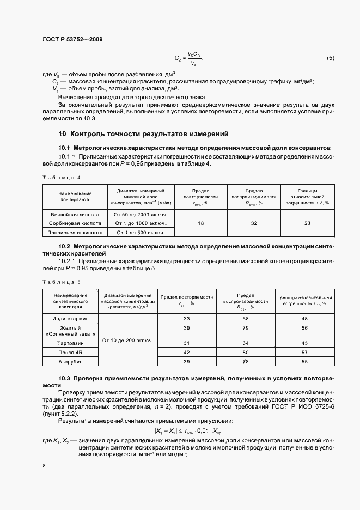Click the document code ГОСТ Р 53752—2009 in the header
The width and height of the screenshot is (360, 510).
pos(72,40)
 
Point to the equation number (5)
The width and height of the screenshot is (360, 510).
pos(331,58)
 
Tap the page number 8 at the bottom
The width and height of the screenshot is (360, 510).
pos(45,466)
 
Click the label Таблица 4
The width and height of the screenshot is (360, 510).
pos(62,178)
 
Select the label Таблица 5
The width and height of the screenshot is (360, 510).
pos(62,282)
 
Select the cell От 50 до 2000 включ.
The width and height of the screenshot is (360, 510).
pos(140,215)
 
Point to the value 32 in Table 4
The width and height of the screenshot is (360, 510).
pos(253,223)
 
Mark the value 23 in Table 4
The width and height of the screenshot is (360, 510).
pos(307,223)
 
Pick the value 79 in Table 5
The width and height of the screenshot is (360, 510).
pos(246,328)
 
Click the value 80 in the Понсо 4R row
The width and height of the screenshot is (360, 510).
pos(246,353)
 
